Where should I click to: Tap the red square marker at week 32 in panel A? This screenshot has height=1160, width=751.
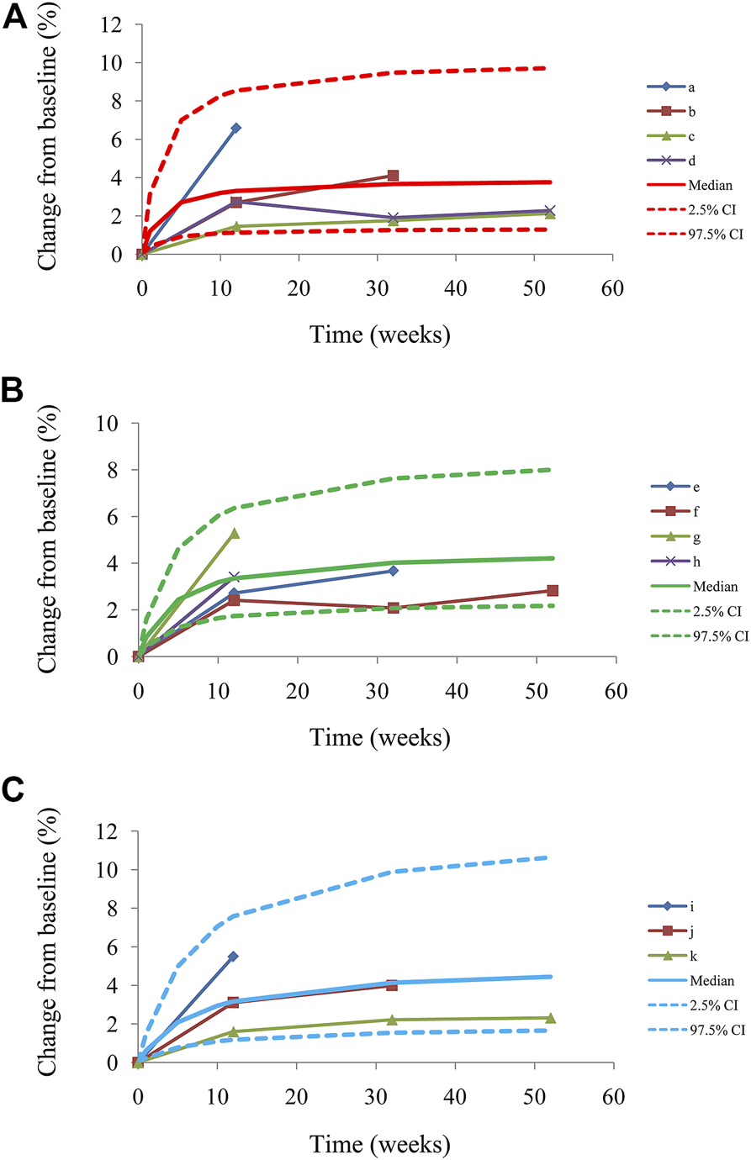point(393,176)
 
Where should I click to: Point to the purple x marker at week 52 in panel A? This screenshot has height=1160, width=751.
point(550,211)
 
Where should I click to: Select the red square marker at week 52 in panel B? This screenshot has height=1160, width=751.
point(552,591)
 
